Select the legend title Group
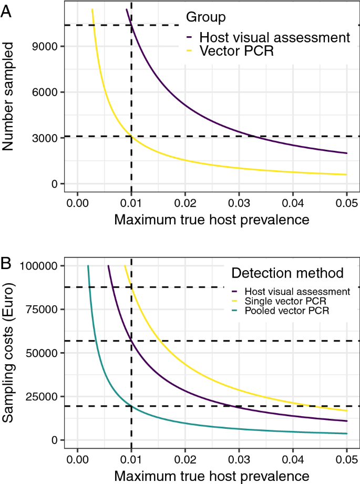coord(206,17)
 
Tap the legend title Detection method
coord(287,273)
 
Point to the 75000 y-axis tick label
coord(44,310)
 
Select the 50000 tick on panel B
coord(44,353)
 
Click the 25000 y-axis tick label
coord(44,397)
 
